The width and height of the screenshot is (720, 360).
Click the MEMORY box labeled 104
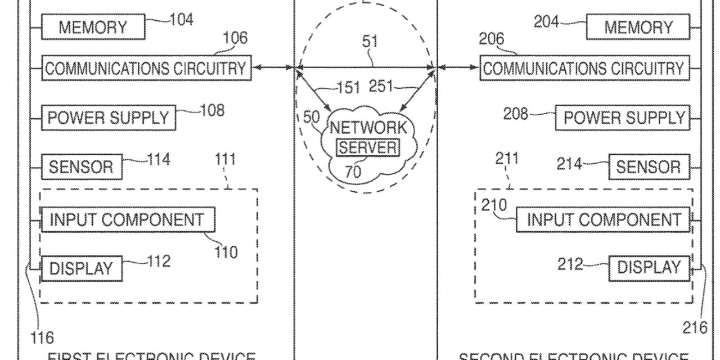[x=93, y=27]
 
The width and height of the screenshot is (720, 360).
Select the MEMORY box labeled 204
[x=638, y=27]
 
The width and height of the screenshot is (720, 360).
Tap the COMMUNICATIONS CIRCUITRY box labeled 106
[x=146, y=68]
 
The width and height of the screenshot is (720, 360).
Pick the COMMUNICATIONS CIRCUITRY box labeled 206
[x=583, y=68]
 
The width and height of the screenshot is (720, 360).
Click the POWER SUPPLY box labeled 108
[x=108, y=118]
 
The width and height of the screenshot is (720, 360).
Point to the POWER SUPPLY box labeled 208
[x=624, y=118]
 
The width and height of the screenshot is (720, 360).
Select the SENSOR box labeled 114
[x=82, y=166]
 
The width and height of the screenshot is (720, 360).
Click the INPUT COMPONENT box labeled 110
[x=127, y=220]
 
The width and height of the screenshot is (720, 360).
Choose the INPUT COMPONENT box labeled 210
[x=603, y=220]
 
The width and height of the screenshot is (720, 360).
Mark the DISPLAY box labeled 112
[x=82, y=268]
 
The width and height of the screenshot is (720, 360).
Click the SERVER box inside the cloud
[x=368, y=147]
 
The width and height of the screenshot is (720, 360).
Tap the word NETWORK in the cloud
[x=368, y=127]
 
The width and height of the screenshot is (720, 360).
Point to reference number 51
[x=370, y=42]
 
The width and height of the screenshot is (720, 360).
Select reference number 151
[x=348, y=87]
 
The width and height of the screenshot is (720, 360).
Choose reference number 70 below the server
[x=353, y=171]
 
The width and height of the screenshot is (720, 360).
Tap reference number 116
[x=42, y=337]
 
